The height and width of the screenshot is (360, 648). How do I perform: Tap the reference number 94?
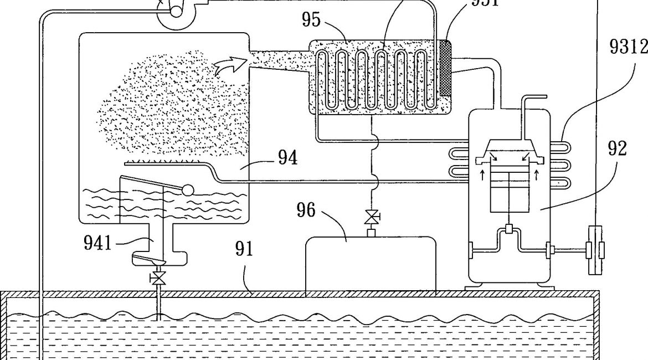[x=287, y=159]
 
